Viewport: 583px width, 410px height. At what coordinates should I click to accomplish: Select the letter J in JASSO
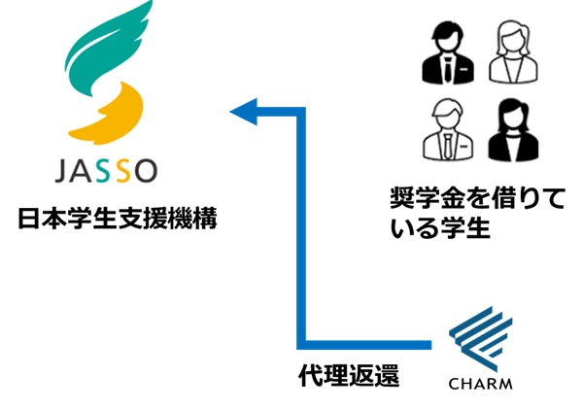click(60, 173)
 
